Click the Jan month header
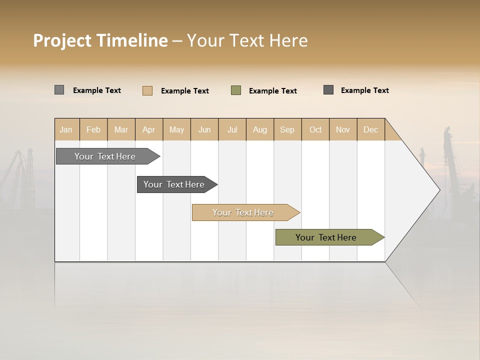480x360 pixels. click(x=66, y=129)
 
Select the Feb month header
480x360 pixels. click(x=93, y=129)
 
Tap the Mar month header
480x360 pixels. click(x=121, y=129)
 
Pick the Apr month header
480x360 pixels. click(x=149, y=129)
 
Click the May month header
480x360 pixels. click(x=176, y=129)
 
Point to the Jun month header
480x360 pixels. click(x=204, y=129)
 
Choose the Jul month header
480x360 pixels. click(x=232, y=129)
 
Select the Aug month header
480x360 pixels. click(x=260, y=129)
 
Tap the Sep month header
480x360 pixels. click(x=287, y=129)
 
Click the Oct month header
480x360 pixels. click(x=315, y=129)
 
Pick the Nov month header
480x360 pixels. click(x=343, y=129)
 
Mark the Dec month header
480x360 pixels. click(x=371, y=129)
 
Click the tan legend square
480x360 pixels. click(x=147, y=90)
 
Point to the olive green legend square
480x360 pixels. click(x=236, y=90)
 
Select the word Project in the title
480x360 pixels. click(x=62, y=40)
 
